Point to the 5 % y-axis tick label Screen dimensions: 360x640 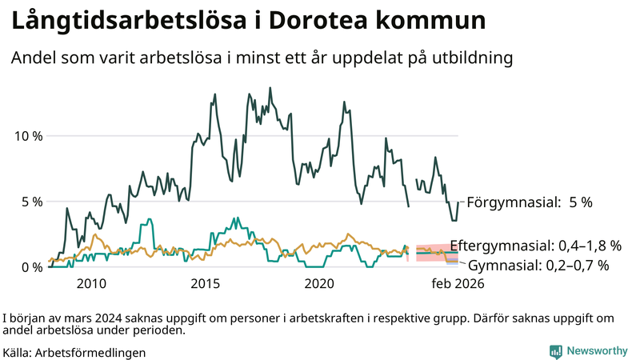(31, 201)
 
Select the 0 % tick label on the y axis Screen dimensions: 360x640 (31, 266)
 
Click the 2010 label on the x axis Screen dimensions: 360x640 (91, 283)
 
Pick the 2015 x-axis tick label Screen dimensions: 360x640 (206, 283)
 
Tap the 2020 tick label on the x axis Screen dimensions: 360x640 (320, 283)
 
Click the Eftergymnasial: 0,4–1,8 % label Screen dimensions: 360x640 (535, 245)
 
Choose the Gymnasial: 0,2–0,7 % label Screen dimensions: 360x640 (538, 264)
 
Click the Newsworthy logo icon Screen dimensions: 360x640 (555, 351)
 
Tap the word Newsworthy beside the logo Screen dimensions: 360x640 (596, 351)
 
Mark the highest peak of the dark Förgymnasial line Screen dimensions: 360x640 (269, 88)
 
